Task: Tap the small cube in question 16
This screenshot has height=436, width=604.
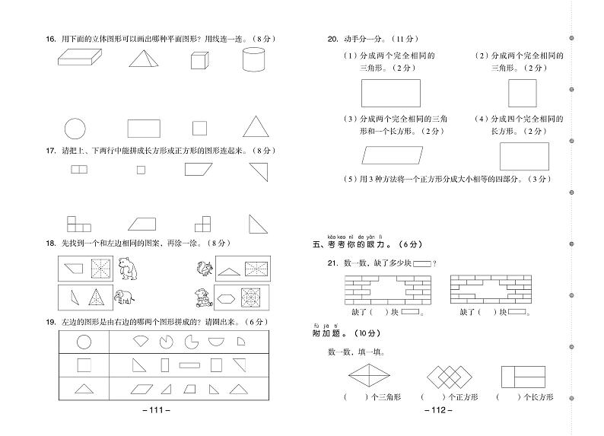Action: click(x=199, y=61)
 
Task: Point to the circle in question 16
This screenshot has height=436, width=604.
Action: click(x=75, y=128)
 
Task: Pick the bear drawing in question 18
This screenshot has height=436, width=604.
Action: click(x=129, y=269)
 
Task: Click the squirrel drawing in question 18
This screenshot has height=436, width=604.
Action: click(x=203, y=269)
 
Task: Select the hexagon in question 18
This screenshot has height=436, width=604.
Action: click(x=227, y=297)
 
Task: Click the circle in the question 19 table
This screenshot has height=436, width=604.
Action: click(x=84, y=342)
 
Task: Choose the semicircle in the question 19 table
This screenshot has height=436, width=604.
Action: click(x=217, y=342)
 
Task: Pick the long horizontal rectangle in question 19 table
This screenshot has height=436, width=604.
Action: click(x=190, y=365)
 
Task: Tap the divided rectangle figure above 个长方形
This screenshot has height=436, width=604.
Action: click(x=523, y=377)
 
